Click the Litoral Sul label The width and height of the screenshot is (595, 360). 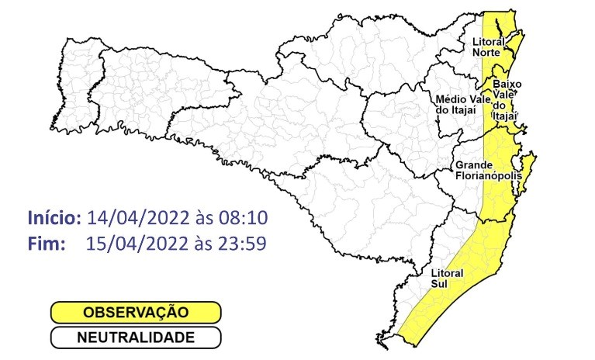click(x=448, y=279)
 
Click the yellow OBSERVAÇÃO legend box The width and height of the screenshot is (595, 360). click(x=136, y=313)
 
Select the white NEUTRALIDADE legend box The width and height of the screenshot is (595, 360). click(x=136, y=337)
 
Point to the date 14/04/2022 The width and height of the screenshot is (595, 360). click(x=137, y=216)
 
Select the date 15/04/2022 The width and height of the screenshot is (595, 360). click(x=137, y=243)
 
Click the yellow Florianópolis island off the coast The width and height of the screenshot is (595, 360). click(x=528, y=172)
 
